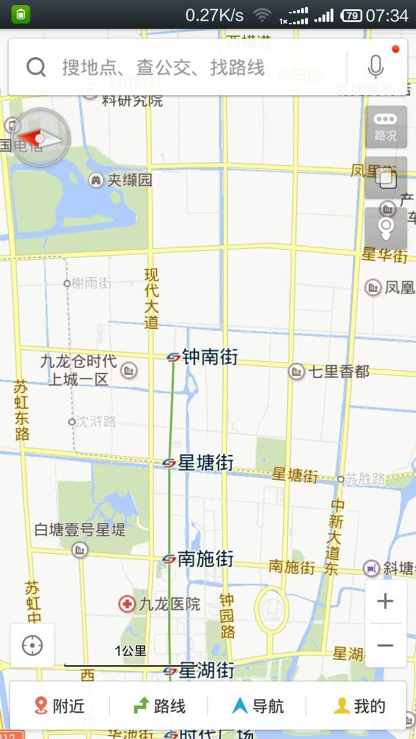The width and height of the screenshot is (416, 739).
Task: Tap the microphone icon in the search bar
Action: click(376, 67)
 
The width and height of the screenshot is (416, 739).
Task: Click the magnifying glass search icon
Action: click(36, 68)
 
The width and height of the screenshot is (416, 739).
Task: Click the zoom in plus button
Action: click(385, 602)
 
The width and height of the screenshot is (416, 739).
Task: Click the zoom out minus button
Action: click(385, 645)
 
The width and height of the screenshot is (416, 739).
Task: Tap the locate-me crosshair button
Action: click(32, 645)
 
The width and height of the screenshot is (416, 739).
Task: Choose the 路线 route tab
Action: click(159, 706)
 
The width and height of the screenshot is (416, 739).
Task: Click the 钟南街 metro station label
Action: click(210, 357)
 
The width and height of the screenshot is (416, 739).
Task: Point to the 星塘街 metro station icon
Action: click(169, 463)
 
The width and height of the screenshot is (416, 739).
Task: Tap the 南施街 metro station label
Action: click(205, 559)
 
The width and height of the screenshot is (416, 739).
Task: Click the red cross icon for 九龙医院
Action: click(127, 604)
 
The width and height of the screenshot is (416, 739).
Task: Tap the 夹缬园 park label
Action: click(129, 180)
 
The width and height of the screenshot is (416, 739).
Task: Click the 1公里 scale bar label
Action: click(131, 651)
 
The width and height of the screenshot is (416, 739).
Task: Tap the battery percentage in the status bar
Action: click(351, 16)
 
